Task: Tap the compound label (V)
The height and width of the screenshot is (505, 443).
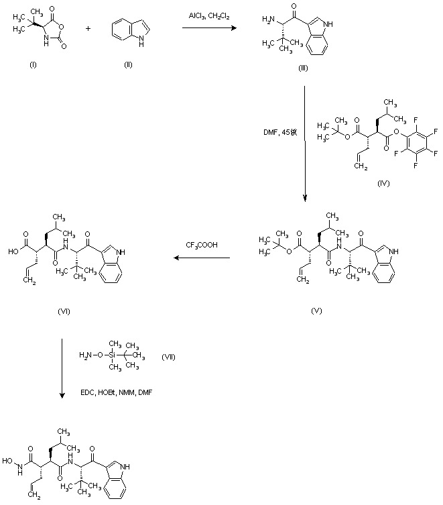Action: click(x=317, y=311)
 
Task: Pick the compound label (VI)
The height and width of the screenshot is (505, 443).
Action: click(x=65, y=311)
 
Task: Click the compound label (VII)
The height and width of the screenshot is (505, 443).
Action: click(x=169, y=355)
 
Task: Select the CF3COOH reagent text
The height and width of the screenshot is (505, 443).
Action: click(x=200, y=245)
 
